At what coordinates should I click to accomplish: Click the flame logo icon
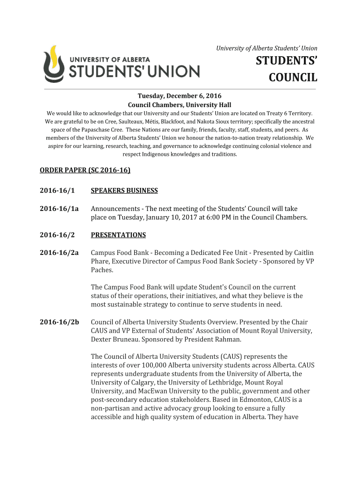click(x=53, y=64)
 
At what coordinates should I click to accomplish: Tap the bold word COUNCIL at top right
click(x=293, y=77)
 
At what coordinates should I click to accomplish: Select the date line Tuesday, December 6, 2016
click(x=180, y=96)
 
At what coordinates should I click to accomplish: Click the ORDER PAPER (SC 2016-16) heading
click(x=85, y=170)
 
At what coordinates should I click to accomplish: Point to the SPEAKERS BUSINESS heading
click(x=124, y=190)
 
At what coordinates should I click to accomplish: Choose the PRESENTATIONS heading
click(x=118, y=235)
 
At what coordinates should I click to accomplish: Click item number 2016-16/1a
click(x=59, y=209)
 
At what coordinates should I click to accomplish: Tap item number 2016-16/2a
click(x=59, y=253)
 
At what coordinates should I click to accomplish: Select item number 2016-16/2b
click(x=59, y=322)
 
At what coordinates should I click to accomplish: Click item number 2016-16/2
click(x=57, y=235)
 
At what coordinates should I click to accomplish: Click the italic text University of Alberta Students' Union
click(x=266, y=48)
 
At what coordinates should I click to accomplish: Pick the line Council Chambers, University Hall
click(x=180, y=105)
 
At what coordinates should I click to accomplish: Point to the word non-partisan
click(x=111, y=409)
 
